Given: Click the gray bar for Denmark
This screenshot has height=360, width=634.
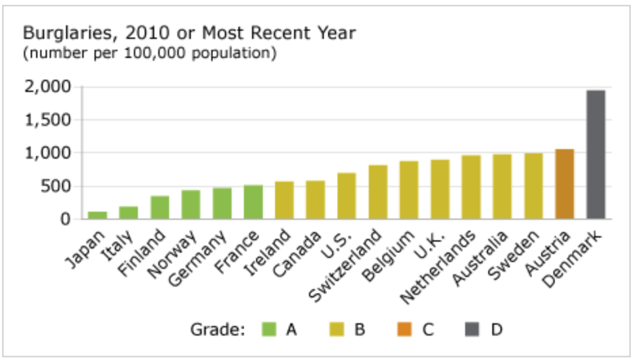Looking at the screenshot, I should [596, 155].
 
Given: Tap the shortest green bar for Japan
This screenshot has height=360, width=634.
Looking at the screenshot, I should [97, 215].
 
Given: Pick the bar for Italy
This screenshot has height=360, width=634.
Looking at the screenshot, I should [128, 213].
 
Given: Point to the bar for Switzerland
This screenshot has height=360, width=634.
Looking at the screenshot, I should [378, 192].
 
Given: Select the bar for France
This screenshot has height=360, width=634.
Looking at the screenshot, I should [253, 202].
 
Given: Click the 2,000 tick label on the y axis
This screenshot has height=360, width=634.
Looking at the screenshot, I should [47, 87].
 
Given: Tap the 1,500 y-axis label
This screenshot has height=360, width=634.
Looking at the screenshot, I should [47, 120].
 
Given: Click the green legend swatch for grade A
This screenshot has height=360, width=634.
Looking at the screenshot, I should [269, 330].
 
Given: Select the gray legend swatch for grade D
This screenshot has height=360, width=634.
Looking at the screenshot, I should [473, 330].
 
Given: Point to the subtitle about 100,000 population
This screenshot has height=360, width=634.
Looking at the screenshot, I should [149, 53].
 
